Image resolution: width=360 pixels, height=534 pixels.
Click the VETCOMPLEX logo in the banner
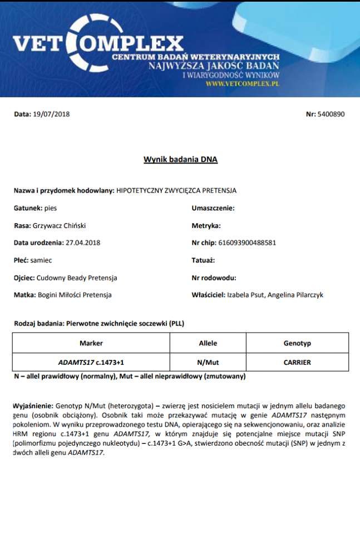[x=97, y=43]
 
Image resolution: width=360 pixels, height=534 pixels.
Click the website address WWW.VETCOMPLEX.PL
[x=242, y=83]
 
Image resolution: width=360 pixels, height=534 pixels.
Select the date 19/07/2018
[x=51, y=114]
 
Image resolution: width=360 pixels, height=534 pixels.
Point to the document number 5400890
[x=332, y=114]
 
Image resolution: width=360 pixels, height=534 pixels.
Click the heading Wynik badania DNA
[x=180, y=160]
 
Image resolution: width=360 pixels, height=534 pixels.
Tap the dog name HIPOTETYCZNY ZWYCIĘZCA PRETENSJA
[x=176, y=190]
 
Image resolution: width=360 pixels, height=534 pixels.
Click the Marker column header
[x=91, y=343]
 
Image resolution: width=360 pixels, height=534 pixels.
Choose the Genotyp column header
[x=297, y=343]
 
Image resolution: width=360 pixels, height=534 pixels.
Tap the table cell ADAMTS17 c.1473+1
[x=91, y=362]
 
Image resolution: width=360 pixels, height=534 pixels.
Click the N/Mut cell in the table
[x=208, y=362]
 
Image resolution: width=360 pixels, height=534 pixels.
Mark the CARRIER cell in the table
[x=297, y=362]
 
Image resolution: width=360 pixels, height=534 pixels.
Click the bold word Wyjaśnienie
[x=32, y=407]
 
